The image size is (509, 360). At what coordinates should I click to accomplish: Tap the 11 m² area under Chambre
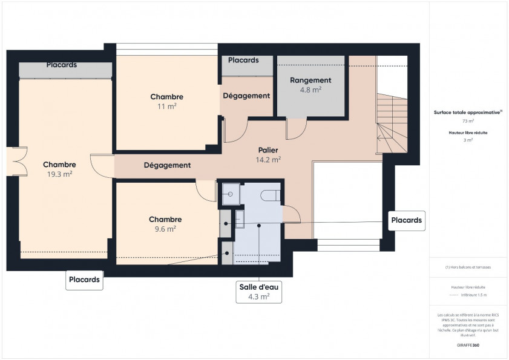(166, 106)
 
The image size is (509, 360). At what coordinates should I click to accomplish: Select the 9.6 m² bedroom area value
(165, 229)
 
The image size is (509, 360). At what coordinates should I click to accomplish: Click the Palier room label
(268, 150)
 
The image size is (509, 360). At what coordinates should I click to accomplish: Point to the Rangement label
(310, 80)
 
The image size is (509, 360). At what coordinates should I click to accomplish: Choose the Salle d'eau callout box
(258, 292)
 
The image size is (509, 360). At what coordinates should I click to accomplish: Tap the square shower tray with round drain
(229, 193)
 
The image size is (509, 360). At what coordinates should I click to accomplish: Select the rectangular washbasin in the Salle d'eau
(240, 219)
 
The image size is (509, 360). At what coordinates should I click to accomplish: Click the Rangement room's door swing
(295, 129)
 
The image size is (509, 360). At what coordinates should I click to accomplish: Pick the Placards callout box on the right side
(406, 220)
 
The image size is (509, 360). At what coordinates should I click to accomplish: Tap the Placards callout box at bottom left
(84, 280)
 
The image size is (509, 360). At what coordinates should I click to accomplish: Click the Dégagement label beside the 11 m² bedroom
(246, 96)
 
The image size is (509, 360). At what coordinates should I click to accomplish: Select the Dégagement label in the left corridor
(167, 165)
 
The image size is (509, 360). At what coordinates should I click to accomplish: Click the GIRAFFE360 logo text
(470, 344)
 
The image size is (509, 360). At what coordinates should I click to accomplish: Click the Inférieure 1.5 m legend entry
(473, 295)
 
